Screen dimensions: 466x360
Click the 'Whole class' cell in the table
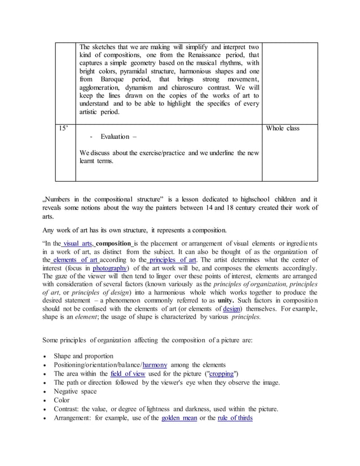coord(282,129)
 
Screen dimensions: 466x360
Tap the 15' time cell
coord(64,129)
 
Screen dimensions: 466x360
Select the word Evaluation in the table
coord(115,137)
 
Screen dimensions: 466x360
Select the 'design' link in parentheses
coord(231,309)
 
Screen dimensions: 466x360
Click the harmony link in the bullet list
coord(155,365)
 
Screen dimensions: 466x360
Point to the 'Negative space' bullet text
coord(75,392)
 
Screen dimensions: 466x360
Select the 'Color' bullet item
coord(62,401)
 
